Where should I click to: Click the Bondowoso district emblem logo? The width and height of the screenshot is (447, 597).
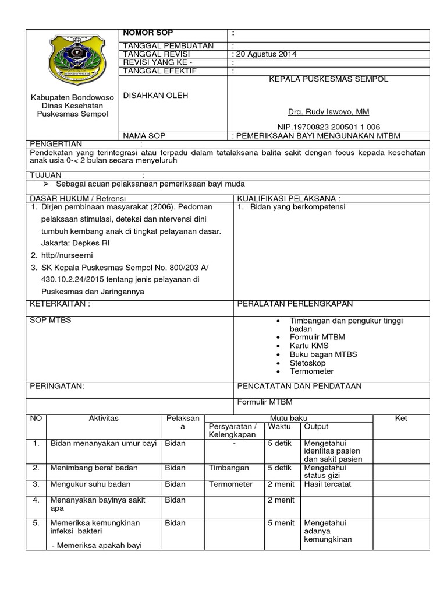coord(73,61)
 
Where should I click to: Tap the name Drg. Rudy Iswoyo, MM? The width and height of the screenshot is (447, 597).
coord(328,111)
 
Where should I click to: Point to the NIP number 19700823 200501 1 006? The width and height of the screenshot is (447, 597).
coord(328,127)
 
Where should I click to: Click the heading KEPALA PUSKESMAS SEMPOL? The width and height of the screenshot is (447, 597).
coord(328,79)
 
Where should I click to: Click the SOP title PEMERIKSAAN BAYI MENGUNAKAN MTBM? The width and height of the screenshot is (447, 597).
coord(318,136)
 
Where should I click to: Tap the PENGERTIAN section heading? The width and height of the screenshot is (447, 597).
coord(56,144)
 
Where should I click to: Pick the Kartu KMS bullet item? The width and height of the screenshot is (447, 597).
coord(309,346)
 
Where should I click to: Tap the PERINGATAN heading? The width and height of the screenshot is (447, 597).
coord(57,386)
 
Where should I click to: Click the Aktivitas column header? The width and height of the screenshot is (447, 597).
coord(104,419)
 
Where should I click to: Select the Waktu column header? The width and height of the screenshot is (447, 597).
coord(279,427)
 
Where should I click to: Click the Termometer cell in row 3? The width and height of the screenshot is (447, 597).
coord(230,484)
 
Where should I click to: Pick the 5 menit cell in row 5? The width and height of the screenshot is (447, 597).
coord(281,523)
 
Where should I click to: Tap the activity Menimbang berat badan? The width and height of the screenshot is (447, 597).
coord(90,468)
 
